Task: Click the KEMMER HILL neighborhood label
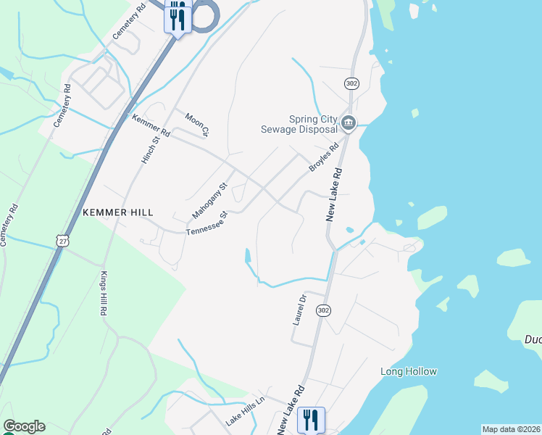point(118,212)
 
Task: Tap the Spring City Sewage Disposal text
point(299,125)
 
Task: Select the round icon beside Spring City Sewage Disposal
point(349,123)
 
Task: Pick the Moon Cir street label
point(197,124)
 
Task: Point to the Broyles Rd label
point(324,157)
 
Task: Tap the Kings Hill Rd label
point(102,293)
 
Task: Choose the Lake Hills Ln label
point(245,410)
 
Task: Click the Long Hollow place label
point(409,372)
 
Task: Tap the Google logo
point(23,426)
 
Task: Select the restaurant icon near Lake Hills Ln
point(311,418)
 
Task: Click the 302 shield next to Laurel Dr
point(324,310)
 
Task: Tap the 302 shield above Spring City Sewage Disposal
point(351,84)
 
